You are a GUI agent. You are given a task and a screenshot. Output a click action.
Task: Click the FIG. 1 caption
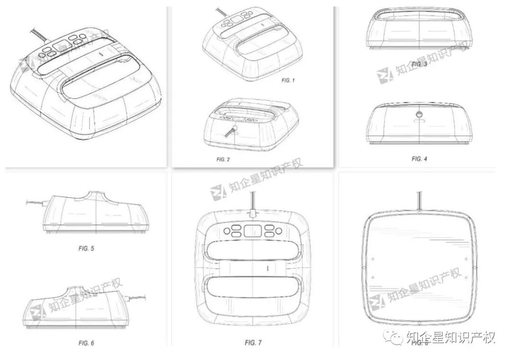(x=288, y=81)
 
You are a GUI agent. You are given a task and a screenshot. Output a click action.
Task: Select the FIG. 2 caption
(x=223, y=159)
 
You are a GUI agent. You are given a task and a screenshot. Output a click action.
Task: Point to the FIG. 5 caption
(x=86, y=248)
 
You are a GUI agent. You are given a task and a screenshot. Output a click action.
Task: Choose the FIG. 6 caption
(x=86, y=342)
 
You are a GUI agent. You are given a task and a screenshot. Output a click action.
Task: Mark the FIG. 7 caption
(x=253, y=342)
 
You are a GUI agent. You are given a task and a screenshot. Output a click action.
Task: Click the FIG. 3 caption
(x=419, y=64)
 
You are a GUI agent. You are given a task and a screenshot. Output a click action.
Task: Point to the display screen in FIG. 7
(x=253, y=231)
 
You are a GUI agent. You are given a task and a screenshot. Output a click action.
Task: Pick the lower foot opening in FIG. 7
(x=253, y=290)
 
